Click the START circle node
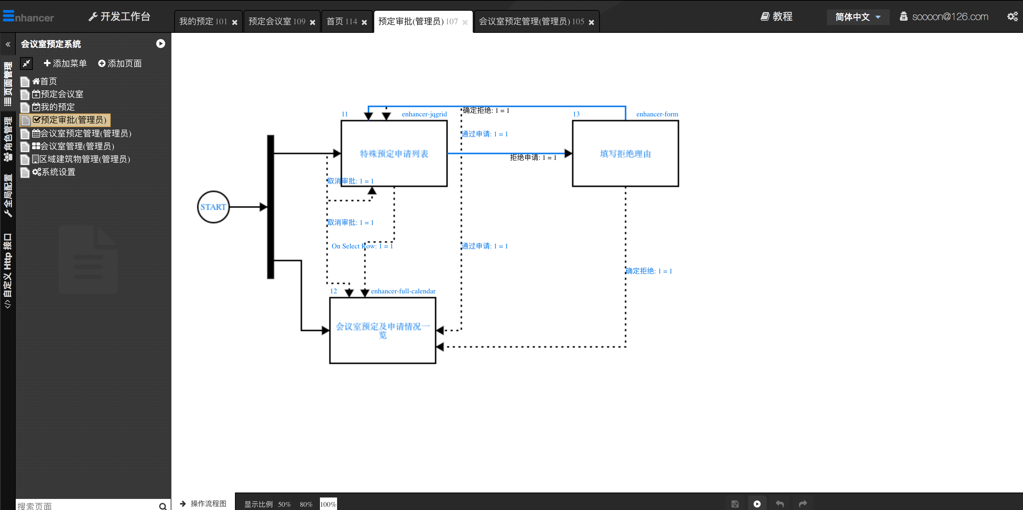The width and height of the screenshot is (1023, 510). [213, 207]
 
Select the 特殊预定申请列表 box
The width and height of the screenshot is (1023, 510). [394, 153]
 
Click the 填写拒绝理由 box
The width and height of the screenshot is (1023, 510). [626, 153]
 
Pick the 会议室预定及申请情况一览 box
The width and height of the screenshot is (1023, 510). [382, 330]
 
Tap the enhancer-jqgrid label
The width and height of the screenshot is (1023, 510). [424, 114]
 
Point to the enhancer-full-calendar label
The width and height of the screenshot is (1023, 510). [403, 291]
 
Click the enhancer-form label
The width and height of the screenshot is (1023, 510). [657, 114]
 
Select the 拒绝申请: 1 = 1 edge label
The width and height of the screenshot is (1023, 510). [533, 157]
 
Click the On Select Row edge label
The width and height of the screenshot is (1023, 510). [362, 246]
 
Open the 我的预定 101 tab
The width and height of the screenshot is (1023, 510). [203, 21]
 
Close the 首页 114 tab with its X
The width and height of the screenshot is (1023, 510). [364, 22]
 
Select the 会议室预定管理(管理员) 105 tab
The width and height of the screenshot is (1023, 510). [531, 21]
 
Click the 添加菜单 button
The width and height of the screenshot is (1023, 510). [65, 64]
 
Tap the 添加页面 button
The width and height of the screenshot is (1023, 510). [120, 64]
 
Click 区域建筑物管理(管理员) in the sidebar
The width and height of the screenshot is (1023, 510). [81, 159]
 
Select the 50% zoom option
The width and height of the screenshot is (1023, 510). [284, 504]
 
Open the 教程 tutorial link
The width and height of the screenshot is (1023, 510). [777, 17]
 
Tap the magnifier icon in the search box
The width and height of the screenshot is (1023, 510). [163, 506]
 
